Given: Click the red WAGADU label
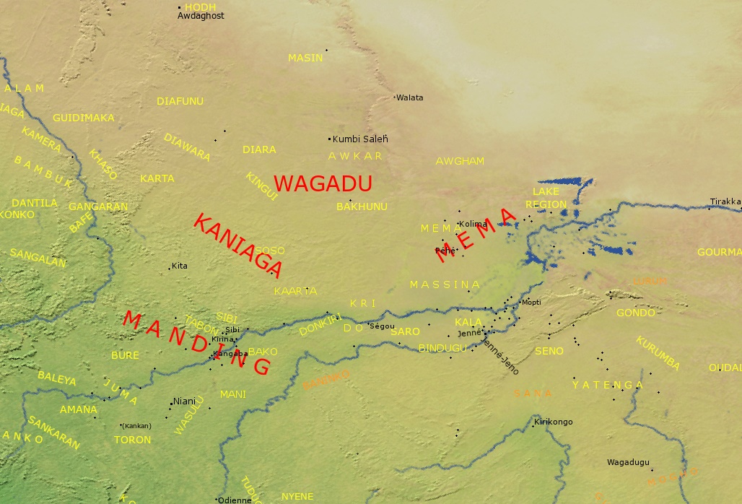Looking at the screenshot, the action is pyautogui.click(x=323, y=183).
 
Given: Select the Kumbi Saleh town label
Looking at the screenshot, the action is pyautogui.click(x=360, y=139).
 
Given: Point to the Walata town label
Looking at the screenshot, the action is pyautogui.click(x=410, y=97).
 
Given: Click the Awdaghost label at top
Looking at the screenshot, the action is pyautogui.click(x=201, y=15).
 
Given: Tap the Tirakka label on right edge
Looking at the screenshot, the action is pyautogui.click(x=725, y=201).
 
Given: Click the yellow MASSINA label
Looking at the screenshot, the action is pyautogui.click(x=445, y=284).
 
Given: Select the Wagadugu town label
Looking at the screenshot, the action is pyautogui.click(x=628, y=462).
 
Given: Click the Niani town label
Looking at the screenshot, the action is pyautogui.click(x=185, y=401).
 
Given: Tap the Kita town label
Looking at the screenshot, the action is pyautogui.click(x=180, y=266).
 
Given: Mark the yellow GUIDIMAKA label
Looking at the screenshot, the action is pyautogui.click(x=84, y=118).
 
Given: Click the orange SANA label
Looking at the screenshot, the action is pyautogui.click(x=533, y=393).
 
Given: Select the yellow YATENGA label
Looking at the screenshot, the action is pyautogui.click(x=607, y=385).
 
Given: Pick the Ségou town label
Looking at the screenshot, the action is pyautogui.click(x=383, y=326).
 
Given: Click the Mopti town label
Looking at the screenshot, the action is pyautogui.click(x=531, y=302).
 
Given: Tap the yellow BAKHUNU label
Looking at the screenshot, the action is pyautogui.click(x=362, y=207).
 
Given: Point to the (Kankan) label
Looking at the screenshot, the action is pyautogui.click(x=136, y=425).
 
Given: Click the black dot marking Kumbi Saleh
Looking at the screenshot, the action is pyautogui.click(x=330, y=139).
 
